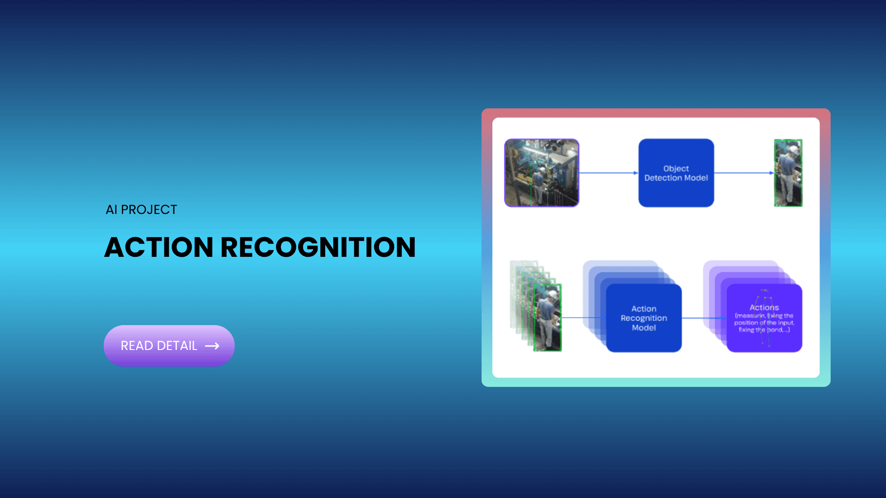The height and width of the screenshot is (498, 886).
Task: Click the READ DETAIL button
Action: coord(169,346)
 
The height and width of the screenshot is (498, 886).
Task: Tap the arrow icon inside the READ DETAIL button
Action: coord(212,346)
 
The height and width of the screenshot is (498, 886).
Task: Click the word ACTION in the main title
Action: coord(158,247)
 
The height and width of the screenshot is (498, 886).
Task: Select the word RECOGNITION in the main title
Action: coord(318,247)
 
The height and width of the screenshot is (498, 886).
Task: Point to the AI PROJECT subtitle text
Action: coord(141,210)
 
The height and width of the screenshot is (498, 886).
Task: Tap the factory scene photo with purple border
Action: coord(541,173)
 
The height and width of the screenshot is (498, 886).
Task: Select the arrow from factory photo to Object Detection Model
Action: coord(608,173)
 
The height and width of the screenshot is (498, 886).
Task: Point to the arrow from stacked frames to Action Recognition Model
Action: coord(582,318)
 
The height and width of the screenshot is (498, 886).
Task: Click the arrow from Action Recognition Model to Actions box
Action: coord(703,318)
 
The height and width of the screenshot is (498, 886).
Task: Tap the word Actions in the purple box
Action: coord(764,308)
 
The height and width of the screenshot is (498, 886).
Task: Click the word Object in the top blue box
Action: coord(676,169)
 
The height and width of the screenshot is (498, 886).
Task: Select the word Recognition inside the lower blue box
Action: coord(644,318)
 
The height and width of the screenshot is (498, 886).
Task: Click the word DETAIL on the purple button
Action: coord(177,346)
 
